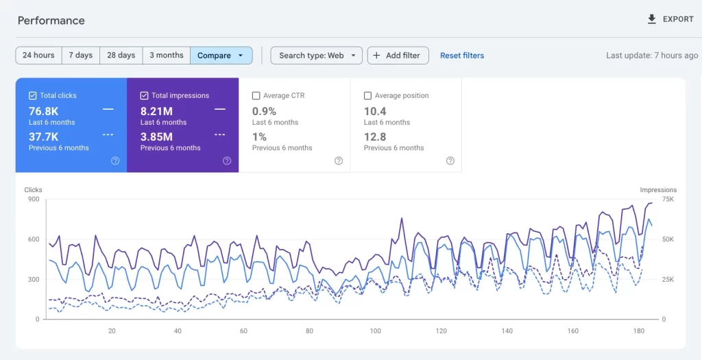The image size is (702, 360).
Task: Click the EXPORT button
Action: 670,19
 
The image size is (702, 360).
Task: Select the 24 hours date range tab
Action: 38,56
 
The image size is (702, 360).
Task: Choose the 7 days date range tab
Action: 80,56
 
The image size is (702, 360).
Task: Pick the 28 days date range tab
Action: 121,56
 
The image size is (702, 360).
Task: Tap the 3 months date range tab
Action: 167,56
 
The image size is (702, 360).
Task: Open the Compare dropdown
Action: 221,56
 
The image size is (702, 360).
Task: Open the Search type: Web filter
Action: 316,56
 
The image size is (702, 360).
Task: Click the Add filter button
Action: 398,56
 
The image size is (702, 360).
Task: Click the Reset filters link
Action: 461,56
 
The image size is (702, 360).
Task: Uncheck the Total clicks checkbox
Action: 33,96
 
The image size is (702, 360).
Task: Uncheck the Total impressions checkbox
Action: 145,96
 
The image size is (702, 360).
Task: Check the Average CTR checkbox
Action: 256,96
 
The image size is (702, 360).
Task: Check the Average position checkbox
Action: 368,96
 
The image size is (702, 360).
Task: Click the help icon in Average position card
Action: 450,161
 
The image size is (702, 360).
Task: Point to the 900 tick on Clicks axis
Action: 33,200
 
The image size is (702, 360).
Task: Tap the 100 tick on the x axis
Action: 375,331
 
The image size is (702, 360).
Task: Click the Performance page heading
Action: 51,21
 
